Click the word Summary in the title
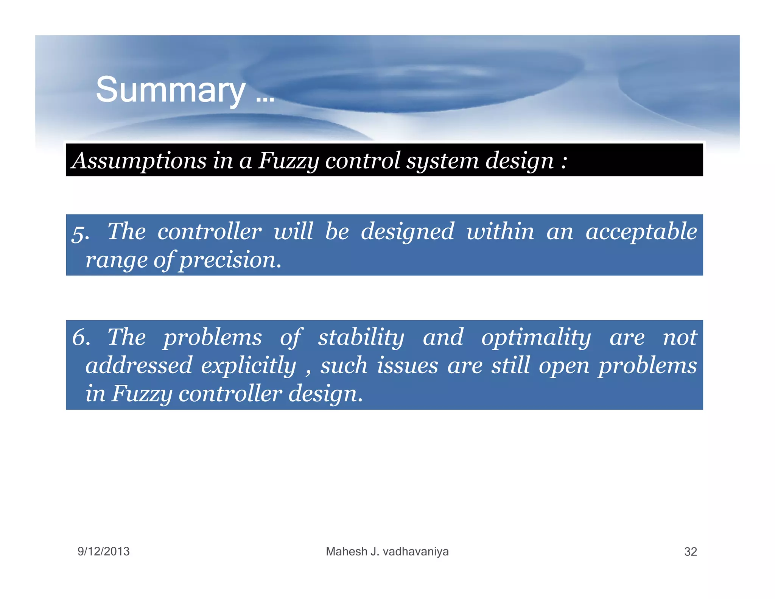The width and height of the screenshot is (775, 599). coord(170,90)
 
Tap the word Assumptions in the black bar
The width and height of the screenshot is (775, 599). coord(139,161)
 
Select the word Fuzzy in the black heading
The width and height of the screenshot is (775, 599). coord(288,161)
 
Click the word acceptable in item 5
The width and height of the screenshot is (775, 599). coord(641,232)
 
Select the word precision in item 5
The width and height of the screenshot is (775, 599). coord(230,260)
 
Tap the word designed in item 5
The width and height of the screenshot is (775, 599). coord(407,232)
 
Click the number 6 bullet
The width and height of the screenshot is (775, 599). coord(81,337)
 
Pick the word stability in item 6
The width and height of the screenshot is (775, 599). coord(361,337)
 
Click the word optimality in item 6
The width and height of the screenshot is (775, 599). coord(535,337)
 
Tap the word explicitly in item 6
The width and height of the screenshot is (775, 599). coord(248,366)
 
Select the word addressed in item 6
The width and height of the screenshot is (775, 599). coord(139,366)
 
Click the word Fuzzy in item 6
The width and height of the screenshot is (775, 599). coord(142,394)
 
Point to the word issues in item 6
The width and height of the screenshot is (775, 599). coord(407,366)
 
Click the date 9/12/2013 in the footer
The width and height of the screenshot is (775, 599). coord(103,551)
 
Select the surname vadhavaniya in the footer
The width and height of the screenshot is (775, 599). coord(416,551)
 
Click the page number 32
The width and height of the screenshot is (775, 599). coord(690,552)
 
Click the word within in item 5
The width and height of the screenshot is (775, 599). coord(500,232)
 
